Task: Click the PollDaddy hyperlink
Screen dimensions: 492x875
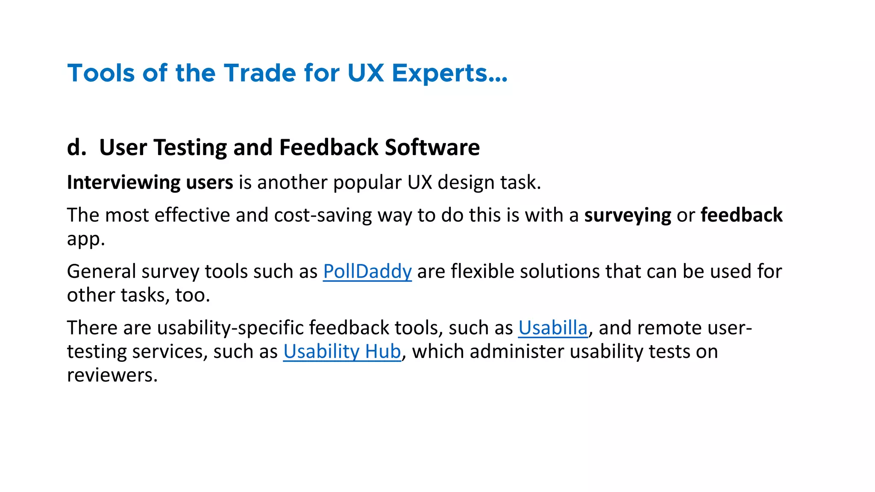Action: [x=367, y=272]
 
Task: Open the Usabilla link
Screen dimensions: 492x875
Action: [x=553, y=328]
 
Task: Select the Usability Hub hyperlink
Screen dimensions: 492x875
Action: [x=342, y=351]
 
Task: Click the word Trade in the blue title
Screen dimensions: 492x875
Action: [x=260, y=73]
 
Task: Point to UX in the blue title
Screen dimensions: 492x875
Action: [x=366, y=73]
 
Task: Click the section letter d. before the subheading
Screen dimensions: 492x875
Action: [x=76, y=147]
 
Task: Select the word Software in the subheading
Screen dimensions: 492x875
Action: [x=432, y=147]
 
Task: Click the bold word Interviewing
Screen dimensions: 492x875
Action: [x=123, y=183]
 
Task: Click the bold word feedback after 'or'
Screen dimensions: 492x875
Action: [x=741, y=215]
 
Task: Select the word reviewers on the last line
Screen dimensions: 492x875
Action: [x=112, y=375]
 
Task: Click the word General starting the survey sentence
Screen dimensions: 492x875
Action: [x=101, y=272]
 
